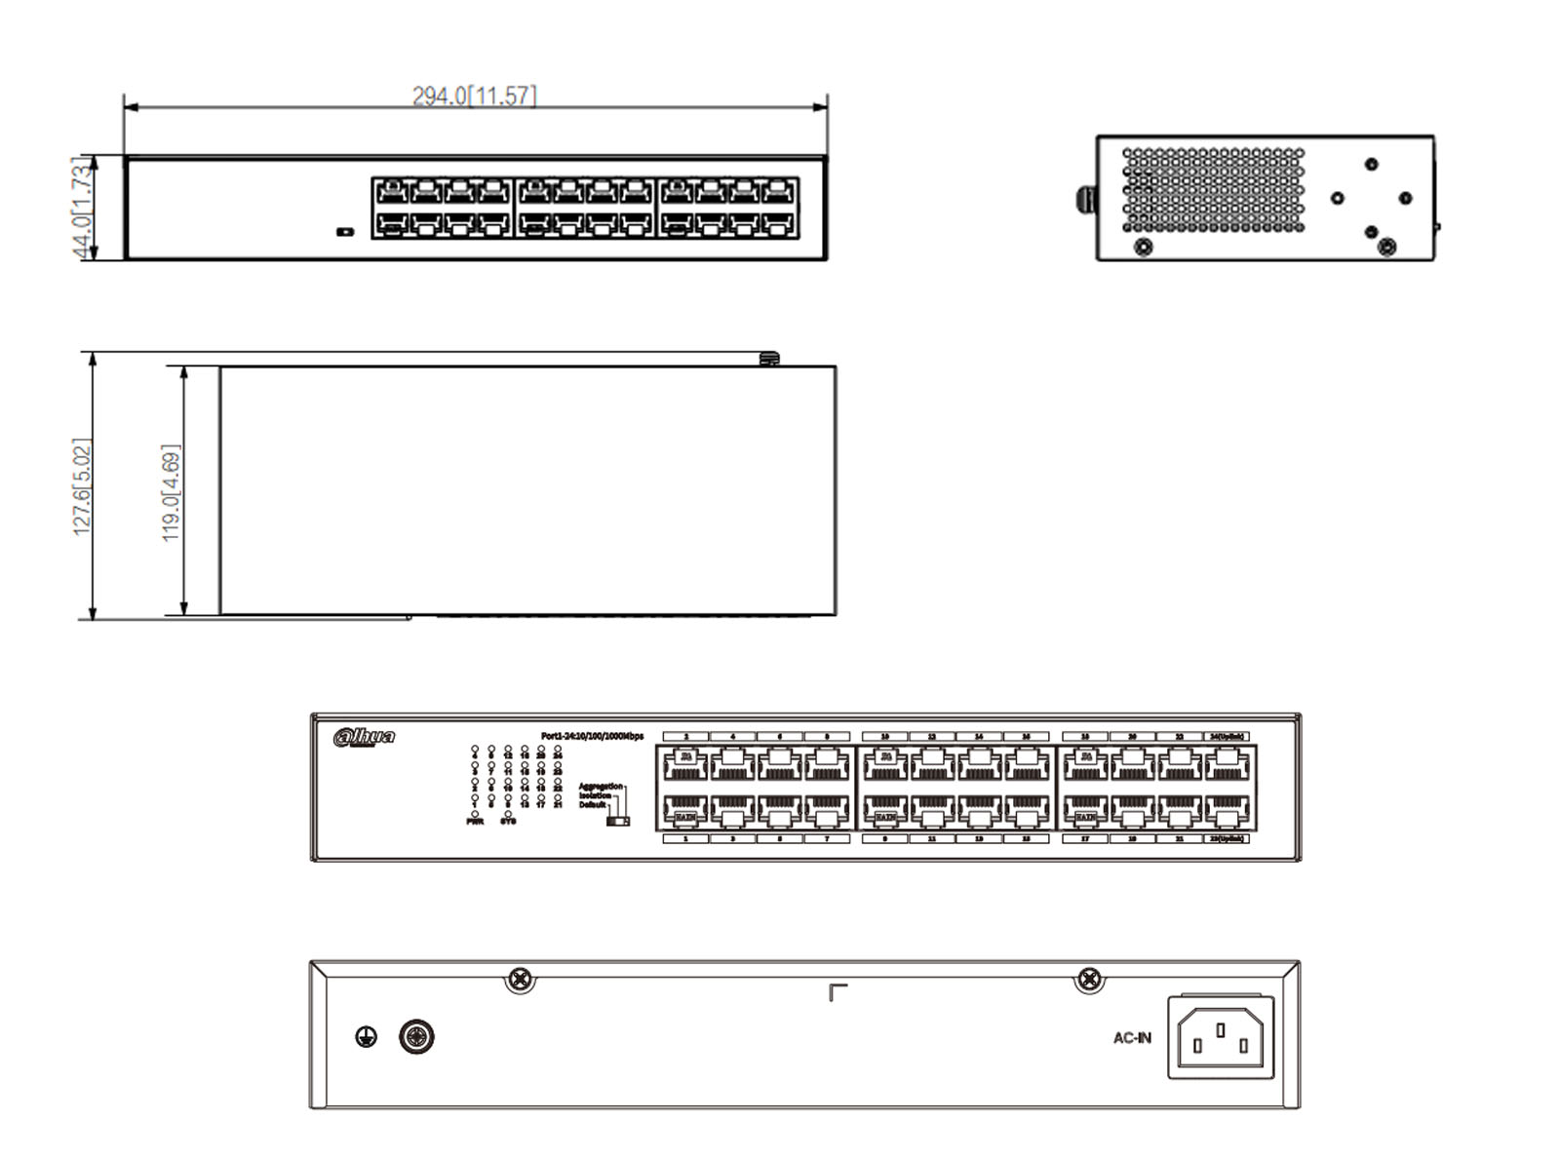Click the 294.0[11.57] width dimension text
click(474, 96)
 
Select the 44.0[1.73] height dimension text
click(84, 208)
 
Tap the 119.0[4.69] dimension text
click(171, 492)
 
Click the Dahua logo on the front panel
click(364, 737)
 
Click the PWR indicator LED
click(475, 813)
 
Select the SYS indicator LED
click(508, 813)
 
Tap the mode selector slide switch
click(617, 821)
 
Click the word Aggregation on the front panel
click(600, 786)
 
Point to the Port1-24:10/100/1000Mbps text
click(592, 736)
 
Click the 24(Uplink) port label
click(1228, 737)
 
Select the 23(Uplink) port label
click(1228, 838)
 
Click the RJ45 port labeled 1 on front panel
click(685, 811)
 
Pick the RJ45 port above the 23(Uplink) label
click(1228, 811)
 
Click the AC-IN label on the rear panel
click(1132, 1038)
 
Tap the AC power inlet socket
click(1221, 1036)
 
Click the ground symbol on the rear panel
click(366, 1036)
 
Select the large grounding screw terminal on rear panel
click(417, 1036)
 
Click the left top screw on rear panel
click(521, 978)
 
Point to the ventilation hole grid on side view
click(1213, 190)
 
